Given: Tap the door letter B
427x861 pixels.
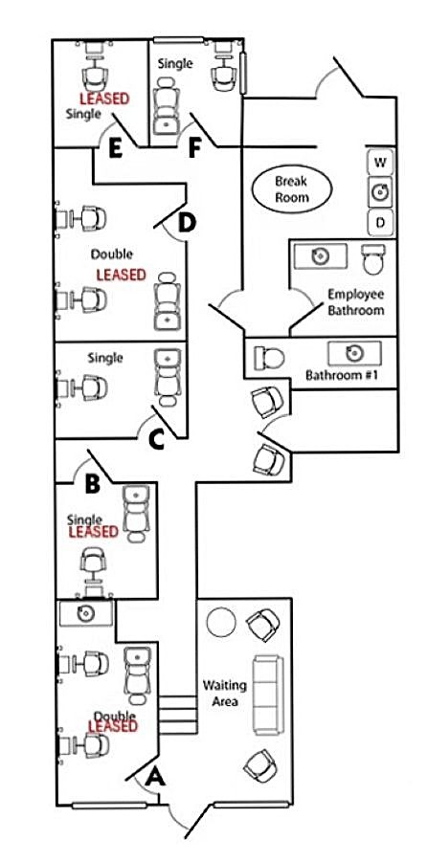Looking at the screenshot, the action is coord(93,484).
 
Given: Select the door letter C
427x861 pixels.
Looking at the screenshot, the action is coord(157,440).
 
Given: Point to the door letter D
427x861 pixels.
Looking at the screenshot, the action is coord(188,222).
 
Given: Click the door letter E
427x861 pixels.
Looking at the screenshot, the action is coord(115,149).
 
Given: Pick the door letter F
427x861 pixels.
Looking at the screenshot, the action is coord(192,149).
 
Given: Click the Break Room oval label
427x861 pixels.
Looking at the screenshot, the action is coord(291,189).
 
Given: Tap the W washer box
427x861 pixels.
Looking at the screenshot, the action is coord(380,163).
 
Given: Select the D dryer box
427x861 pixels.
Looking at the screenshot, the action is coord(380,222).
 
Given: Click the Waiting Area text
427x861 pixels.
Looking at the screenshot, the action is coord(224,692).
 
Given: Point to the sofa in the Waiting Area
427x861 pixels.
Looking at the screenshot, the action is coord(268,695).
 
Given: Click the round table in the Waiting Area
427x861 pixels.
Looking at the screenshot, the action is coord(221,621).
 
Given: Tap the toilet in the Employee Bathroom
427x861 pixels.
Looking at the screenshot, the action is coord(374,258).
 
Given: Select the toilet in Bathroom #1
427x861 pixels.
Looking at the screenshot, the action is coord(269,358).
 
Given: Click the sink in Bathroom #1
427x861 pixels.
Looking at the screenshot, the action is coord(354,353).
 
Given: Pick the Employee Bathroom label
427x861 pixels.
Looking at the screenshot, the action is coord(355,301).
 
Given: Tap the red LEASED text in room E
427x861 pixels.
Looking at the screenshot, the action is coord(104,99).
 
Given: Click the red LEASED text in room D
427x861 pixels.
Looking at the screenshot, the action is coord(121,275).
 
